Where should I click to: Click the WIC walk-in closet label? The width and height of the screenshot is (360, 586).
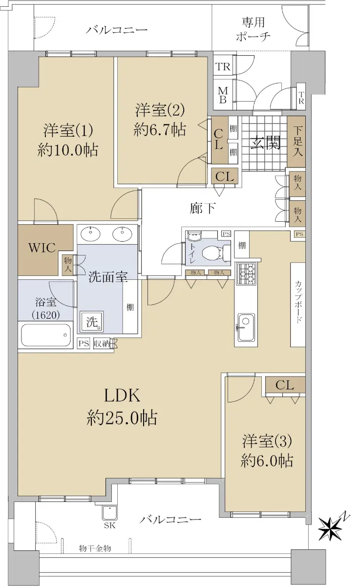(42, 248)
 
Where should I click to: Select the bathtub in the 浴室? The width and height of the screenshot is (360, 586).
(46, 335)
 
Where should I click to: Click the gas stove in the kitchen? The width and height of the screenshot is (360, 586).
(246, 273)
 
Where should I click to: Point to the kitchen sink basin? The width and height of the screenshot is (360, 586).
(246, 327)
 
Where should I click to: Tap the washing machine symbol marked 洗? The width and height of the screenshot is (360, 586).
(91, 322)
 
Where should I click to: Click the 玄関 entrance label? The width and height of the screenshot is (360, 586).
(265, 143)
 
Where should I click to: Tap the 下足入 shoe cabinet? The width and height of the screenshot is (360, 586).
(296, 141)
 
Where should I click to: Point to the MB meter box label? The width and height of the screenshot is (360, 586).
(223, 95)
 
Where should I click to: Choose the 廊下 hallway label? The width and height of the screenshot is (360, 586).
(203, 208)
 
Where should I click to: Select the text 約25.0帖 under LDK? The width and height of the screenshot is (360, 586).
(122, 418)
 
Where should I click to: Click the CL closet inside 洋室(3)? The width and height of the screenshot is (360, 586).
(285, 385)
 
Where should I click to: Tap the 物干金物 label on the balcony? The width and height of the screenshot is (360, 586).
(95, 548)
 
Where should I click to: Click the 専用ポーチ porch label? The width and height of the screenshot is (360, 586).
(253, 29)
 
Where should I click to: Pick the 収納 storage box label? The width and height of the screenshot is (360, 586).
(102, 343)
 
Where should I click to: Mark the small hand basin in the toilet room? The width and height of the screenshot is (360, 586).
(194, 236)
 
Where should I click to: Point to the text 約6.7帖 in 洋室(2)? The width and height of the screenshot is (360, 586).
(160, 129)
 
